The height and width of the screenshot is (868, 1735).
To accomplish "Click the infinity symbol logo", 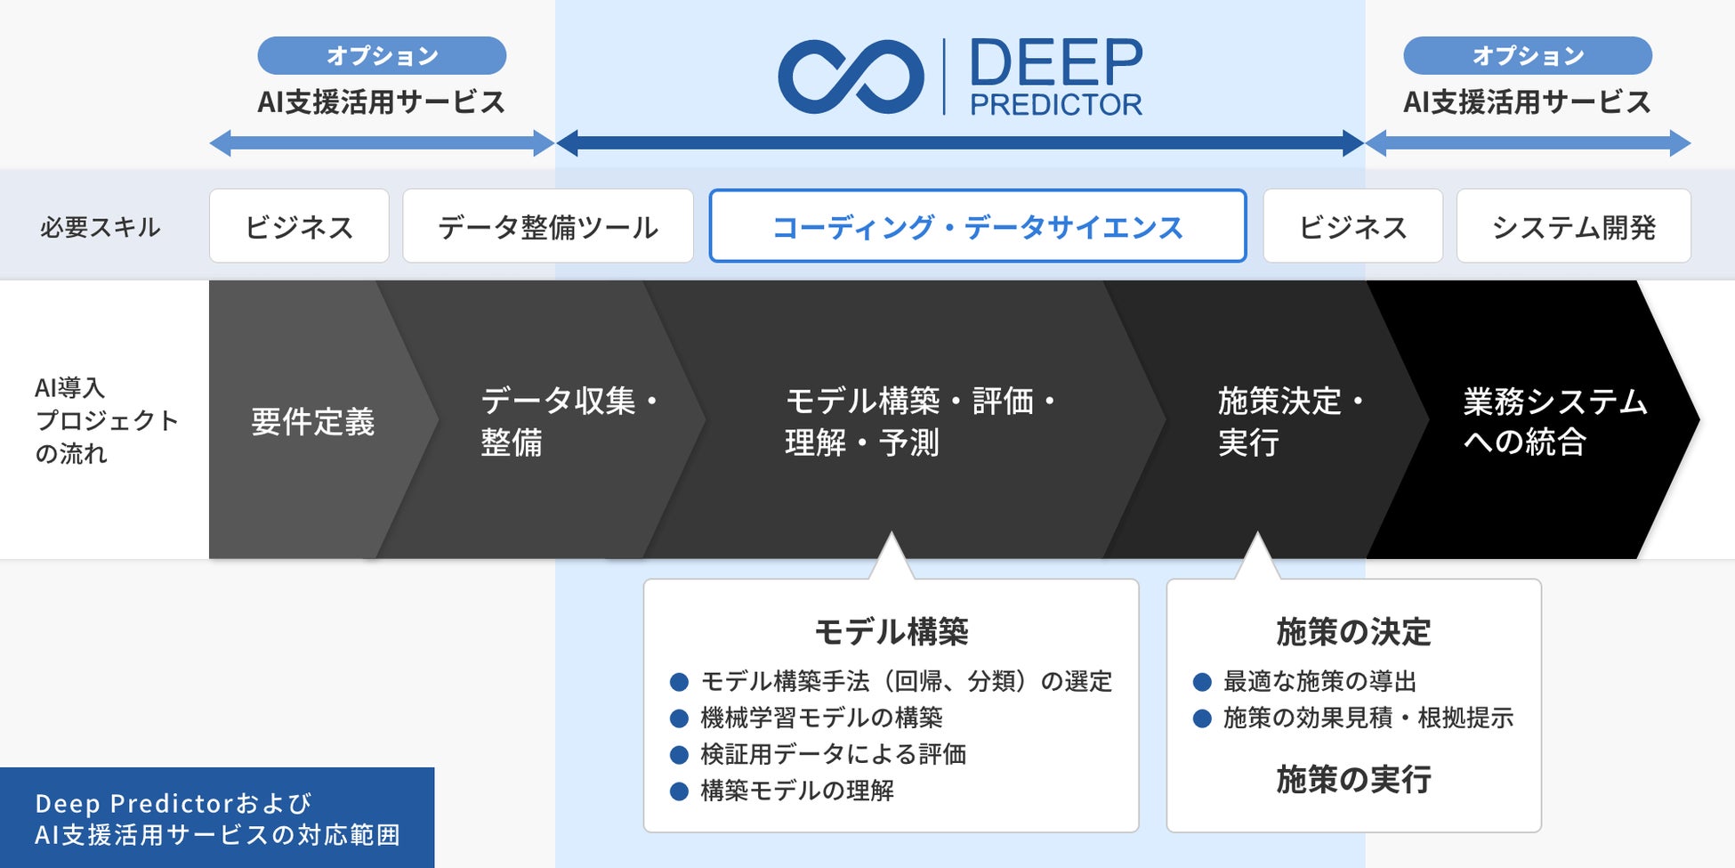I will click(x=851, y=77).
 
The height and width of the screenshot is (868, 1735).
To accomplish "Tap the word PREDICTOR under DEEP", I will click(x=1055, y=105).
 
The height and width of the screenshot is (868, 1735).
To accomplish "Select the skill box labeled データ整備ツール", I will click(x=548, y=226).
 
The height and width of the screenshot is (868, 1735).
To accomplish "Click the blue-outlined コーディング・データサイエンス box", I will click(x=977, y=226).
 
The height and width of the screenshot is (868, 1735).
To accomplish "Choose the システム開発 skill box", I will click(x=1573, y=226).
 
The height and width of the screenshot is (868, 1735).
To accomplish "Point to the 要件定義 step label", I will click(x=312, y=421).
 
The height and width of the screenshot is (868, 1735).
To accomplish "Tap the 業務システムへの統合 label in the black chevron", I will click(x=1554, y=421).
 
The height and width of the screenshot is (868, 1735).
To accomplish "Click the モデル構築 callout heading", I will click(x=891, y=631).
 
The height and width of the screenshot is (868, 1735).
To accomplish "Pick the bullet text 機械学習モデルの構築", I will click(x=821, y=718).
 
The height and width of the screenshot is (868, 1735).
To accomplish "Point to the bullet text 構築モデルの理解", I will click(x=797, y=791).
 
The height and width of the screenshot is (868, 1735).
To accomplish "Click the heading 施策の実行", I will click(x=1353, y=780).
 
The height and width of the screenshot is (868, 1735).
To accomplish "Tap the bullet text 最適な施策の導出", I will click(x=1319, y=681).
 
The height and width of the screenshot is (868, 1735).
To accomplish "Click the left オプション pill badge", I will click(x=382, y=55).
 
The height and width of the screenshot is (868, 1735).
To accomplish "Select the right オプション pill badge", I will click(x=1527, y=55).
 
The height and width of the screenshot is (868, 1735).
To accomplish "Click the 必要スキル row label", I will click(x=100, y=227).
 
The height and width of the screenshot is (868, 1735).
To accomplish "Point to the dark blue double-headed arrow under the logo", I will click(x=959, y=142).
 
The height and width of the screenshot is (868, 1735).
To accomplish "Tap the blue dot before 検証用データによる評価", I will click(x=679, y=755).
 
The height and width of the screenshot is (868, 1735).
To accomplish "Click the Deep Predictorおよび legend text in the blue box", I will click(x=173, y=803).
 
